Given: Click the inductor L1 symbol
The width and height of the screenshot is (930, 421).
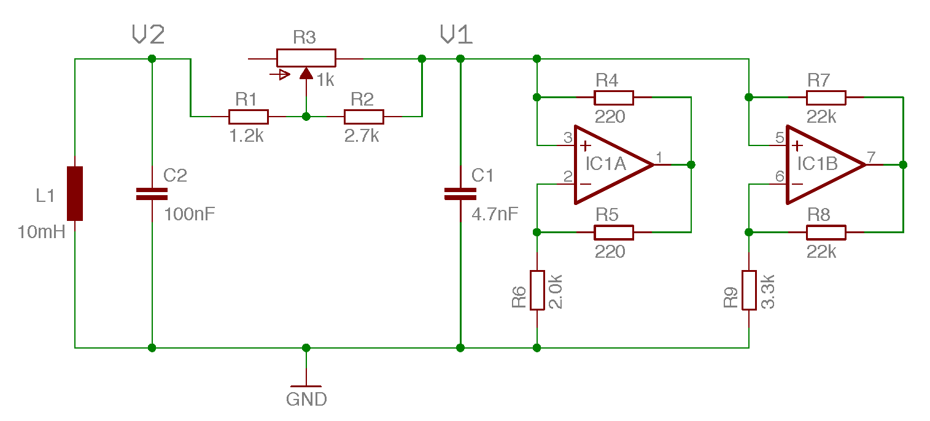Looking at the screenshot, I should (75, 193).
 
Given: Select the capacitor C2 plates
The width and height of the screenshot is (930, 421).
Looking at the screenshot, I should (152, 194).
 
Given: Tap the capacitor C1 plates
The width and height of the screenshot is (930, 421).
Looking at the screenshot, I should (460, 194).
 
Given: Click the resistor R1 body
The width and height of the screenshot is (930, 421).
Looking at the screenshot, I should (248, 117).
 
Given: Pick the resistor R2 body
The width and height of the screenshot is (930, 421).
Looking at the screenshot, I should (363, 117).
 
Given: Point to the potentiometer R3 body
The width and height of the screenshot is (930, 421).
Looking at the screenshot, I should (306, 58).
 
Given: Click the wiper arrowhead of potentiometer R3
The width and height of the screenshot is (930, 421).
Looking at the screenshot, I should (306, 74).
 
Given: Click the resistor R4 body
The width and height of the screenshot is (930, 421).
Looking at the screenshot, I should (613, 98).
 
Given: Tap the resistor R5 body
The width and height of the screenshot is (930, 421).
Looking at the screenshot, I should (613, 233).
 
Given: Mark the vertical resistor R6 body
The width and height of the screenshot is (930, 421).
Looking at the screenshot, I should (537, 290).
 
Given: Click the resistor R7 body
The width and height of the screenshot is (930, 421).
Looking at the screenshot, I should (826, 98).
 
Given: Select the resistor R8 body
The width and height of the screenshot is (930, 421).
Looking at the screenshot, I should (826, 233).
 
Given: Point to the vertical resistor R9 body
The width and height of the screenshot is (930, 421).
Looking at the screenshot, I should (749, 290).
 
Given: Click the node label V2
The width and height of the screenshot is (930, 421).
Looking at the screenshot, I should (148, 35).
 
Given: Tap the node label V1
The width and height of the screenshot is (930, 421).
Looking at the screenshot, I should (456, 35).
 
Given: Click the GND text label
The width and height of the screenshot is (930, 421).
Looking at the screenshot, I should (306, 400).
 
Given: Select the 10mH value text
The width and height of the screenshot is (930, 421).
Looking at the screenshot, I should (42, 232).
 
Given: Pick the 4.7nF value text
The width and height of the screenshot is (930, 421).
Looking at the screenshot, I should (495, 215).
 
